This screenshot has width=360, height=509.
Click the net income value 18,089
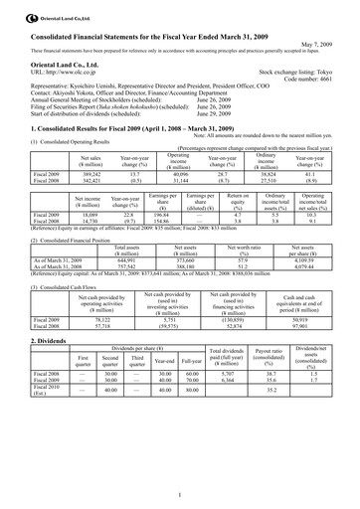click(86, 213)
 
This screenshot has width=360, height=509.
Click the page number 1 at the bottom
click(180, 494)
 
